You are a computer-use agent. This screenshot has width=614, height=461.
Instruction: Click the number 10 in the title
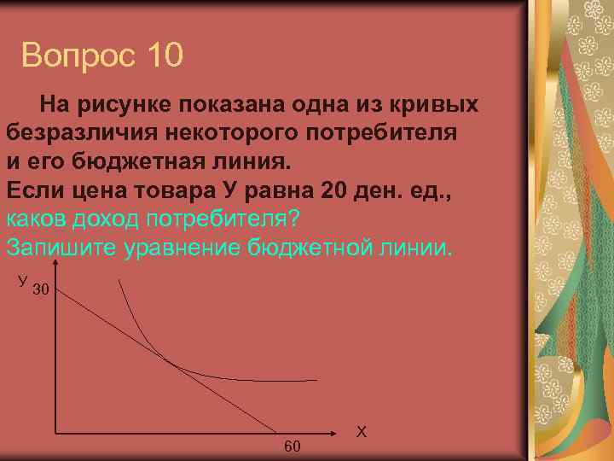tap(158, 56)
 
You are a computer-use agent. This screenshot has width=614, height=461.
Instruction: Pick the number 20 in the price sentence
tap(321, 190)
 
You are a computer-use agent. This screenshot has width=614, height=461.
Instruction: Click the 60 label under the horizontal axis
tap(292, 446)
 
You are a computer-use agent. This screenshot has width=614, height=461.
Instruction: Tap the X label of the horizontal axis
tap(361, 432)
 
